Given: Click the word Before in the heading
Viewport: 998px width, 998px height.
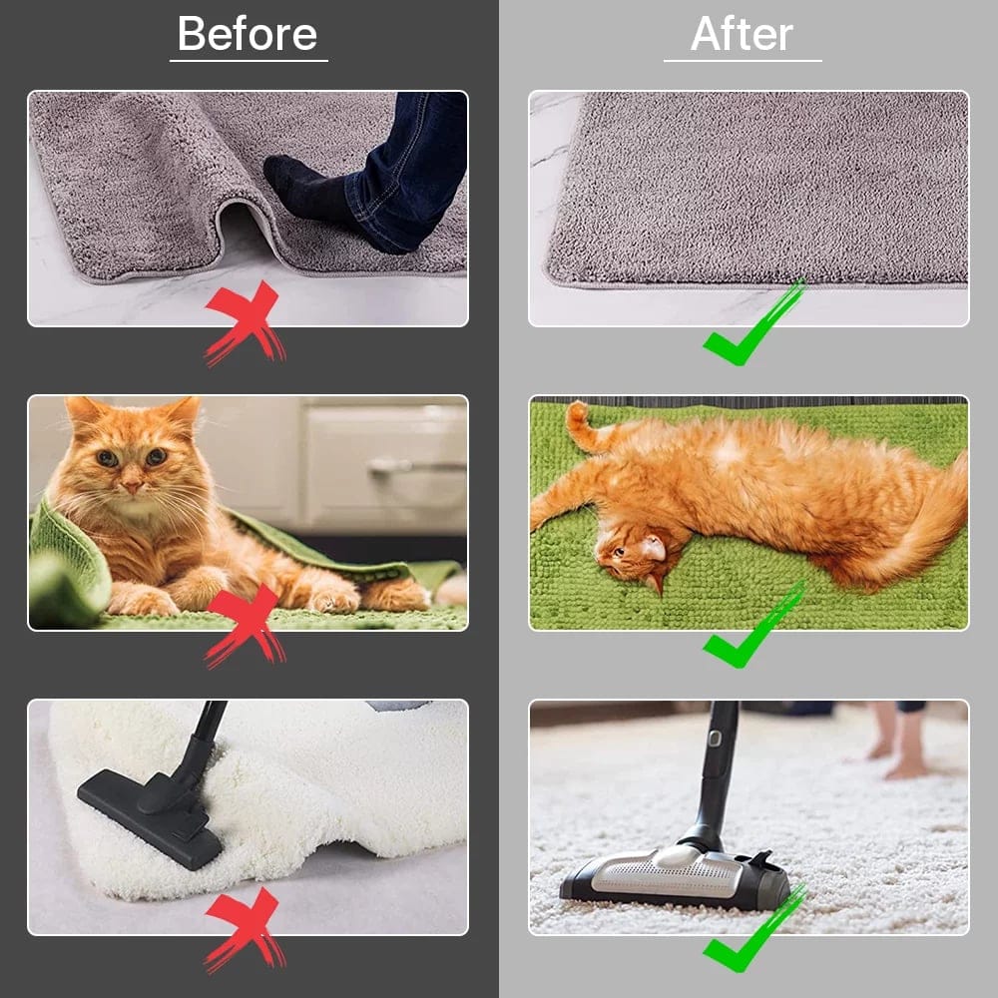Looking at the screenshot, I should pos(248,35).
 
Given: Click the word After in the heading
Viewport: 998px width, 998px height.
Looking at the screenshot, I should pos(742,35).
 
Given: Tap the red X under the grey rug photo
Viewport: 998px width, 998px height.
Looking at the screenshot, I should pos(246,322).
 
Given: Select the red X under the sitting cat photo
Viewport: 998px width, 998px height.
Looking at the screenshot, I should pos(246,625).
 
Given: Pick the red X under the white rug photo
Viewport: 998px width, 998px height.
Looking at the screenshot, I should pos(246,928).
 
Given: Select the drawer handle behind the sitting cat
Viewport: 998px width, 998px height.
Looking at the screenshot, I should pos(389,465).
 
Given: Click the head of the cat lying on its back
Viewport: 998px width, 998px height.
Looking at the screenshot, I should pos(629,555).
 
